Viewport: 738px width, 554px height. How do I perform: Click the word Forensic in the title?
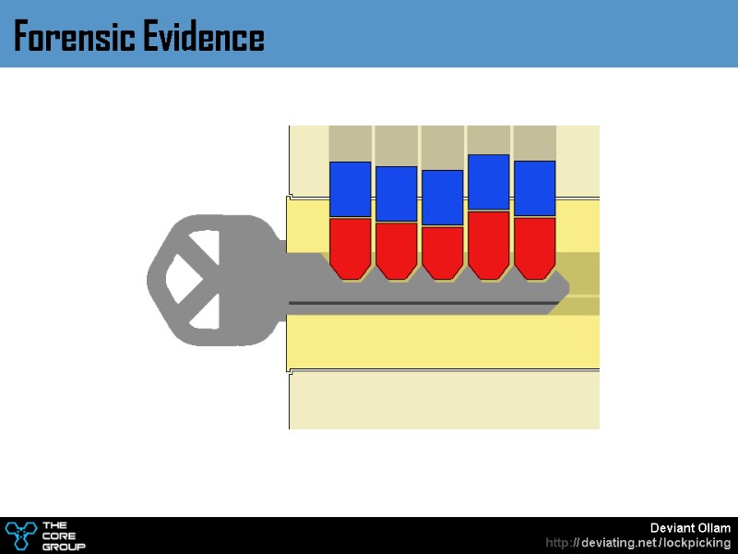point(73,38)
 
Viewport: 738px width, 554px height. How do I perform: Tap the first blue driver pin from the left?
point(351,189)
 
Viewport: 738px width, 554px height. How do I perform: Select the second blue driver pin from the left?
point(397,194)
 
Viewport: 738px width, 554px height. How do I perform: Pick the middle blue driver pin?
point(443,198)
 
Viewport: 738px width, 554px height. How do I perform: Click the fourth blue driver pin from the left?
point(489,183)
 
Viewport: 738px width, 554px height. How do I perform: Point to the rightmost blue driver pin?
point(535,188)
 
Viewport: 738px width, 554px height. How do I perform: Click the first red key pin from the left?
point(351,247)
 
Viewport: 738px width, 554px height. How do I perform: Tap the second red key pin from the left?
point(397,249)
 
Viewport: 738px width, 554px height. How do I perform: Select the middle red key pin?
point(443,251)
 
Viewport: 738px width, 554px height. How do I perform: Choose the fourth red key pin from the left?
point(489,243)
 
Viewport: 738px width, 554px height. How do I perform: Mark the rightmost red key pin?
point(535,247)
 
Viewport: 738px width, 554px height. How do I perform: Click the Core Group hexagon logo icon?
point(20,535)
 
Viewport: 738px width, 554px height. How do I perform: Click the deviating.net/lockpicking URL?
point(638,543)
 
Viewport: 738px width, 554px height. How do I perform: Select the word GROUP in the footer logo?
point(65,547)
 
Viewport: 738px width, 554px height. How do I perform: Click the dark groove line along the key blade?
point(424,303)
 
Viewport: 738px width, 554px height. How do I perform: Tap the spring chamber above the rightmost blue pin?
point(535,142)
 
